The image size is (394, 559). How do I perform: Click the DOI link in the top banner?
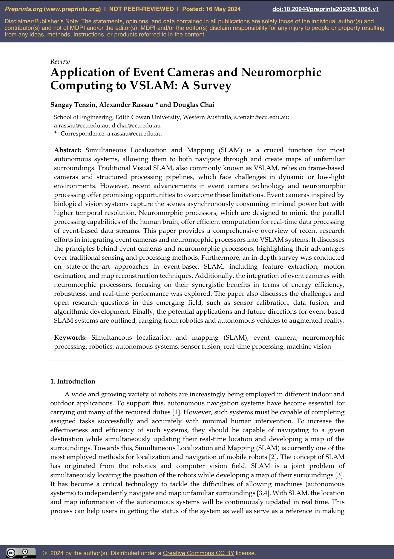click(326, 9)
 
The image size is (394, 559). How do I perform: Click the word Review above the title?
click(60, 61)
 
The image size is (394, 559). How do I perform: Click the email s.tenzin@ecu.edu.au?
click(261, 117)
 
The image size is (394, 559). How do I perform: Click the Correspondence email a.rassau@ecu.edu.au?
click(134, 134)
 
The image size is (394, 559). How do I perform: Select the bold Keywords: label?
click(70, 338)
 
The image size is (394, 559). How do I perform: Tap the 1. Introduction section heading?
click(73, 381)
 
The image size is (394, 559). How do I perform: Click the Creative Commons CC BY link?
click(198, 553)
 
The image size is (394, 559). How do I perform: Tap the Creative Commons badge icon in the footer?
click(21, 553)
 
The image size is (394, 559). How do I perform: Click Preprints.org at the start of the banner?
click(24, 9)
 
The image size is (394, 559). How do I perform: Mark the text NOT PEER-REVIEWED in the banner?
click(141, 9)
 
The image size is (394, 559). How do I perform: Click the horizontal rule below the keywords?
click(197, 360)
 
